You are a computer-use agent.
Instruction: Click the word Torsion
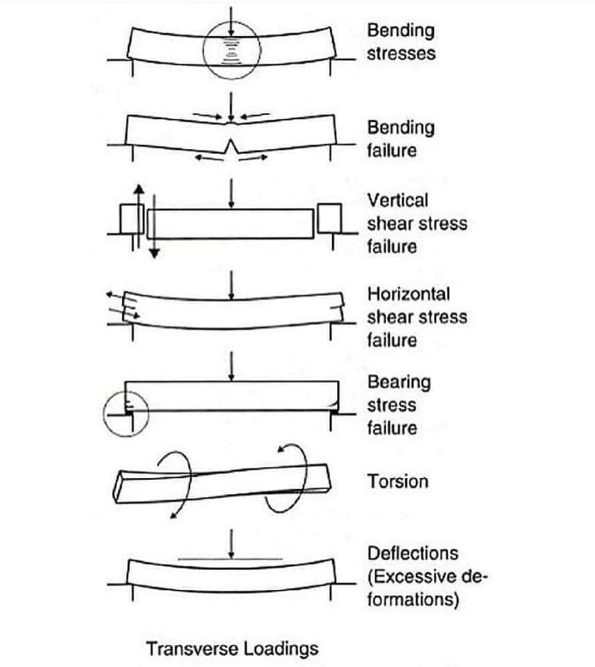point(398,481)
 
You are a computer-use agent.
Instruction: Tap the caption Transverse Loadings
point(232,649)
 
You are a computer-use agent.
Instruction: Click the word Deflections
point(413,554)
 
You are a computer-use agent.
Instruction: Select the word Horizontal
point(409,294)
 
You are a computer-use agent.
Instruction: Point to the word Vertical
point(398,200)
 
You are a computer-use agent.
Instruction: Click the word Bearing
point(399,382)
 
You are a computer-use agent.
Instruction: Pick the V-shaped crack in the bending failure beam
point(231,146)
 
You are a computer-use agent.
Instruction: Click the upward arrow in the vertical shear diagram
point(139,217)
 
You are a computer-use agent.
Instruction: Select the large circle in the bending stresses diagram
point(203,50)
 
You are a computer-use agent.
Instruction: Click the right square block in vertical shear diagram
point(329,219)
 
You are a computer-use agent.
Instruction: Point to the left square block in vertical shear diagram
point(132,219)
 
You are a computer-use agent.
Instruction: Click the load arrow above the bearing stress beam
point(231,366)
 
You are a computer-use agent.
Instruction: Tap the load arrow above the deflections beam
point(231,544)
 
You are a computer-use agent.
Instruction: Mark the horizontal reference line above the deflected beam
point(230,559)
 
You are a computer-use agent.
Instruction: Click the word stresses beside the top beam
point(401,53)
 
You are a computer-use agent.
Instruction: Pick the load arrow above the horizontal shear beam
point(231,286)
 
